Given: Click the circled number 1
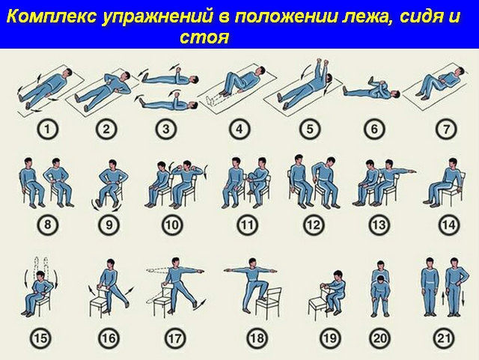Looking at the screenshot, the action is coord(47,129).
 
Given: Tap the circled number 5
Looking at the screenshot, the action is coord(310,129).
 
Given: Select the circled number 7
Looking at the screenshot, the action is coord(446,129).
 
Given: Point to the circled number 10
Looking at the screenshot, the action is coord(171,225).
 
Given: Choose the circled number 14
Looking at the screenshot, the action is coord(449,225).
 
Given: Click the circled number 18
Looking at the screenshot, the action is coord(257,338).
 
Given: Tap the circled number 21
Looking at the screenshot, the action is coord(444,338).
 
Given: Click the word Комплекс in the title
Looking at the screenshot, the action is coord(51,16).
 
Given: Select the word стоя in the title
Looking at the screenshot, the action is coord(204,38).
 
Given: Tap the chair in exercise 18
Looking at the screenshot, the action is coord(269,302).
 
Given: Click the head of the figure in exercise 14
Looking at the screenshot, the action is coord(452,164).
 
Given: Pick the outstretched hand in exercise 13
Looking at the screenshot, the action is coord(412,171).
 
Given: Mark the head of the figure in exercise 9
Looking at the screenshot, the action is coord(112,165).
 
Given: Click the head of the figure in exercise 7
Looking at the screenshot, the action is coord(458,72).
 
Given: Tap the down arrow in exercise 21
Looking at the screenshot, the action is coord(463,298).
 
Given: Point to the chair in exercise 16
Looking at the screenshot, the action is coord(100,301).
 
